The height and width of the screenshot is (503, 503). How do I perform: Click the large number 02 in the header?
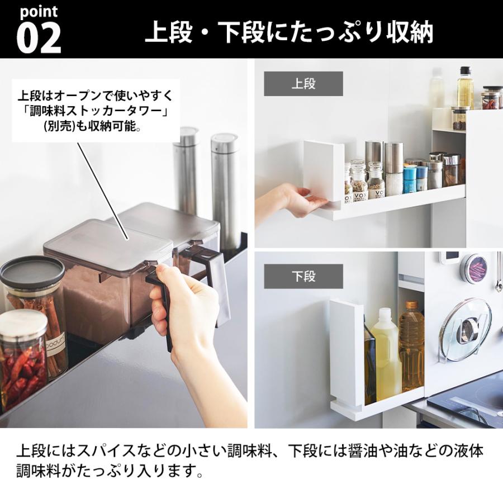pos(38,37)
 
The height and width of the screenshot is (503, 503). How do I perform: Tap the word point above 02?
pos(38,12)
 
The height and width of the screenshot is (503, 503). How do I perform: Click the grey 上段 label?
pos(303,84)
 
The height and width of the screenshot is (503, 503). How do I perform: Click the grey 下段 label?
pos(303,276)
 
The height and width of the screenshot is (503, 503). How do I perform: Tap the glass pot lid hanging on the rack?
pos(465,330)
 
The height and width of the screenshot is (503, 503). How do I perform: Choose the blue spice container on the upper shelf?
pos(410,179)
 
